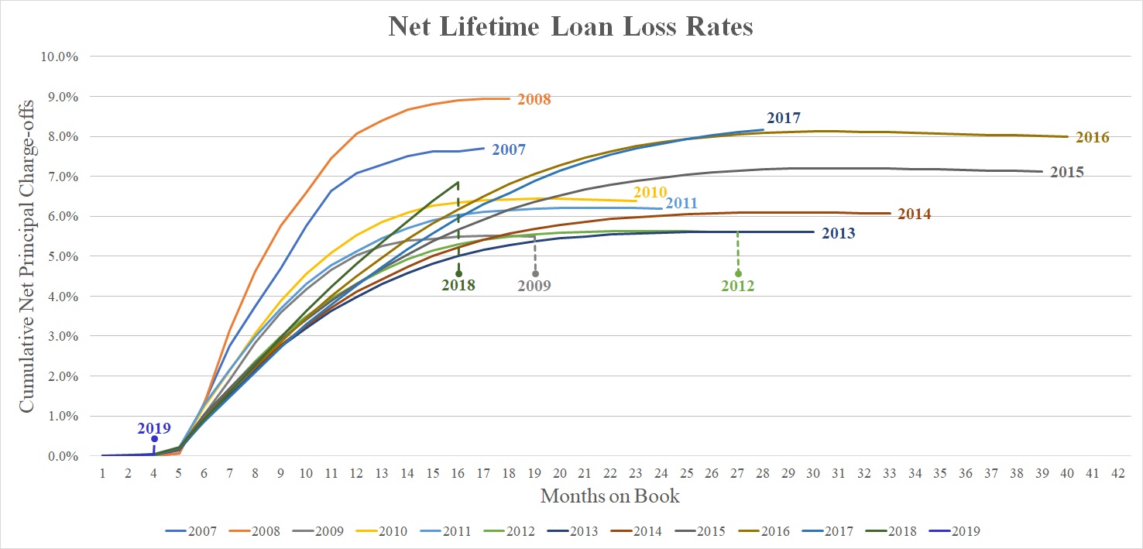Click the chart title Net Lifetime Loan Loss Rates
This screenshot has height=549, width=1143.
(x=571, y=27)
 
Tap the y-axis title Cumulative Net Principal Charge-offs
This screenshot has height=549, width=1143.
(x=26, y=255)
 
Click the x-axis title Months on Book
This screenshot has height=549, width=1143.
(x=609, y=496)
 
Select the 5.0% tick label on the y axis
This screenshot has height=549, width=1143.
(x=65, y=256)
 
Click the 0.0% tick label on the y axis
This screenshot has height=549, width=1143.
(x=65, y=456)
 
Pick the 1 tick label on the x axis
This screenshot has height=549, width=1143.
(x=102, y=472)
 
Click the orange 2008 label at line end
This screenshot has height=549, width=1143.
(x=534, y=99)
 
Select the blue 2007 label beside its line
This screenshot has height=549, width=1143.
(x=509, y=149)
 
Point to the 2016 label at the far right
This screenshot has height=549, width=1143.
(x=1092, y=138)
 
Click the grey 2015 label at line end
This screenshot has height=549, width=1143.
(x=1066, y=172)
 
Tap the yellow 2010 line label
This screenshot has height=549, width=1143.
(x=650, y=191)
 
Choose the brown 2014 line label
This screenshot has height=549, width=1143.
(x=914, y=214)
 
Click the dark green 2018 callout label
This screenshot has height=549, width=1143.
(x=458, y=285)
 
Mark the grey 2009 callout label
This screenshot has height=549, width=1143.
(x=534, y=285)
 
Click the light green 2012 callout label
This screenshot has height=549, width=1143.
(x=737, y=286)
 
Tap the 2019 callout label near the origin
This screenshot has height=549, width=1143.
(x=154, y=427)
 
